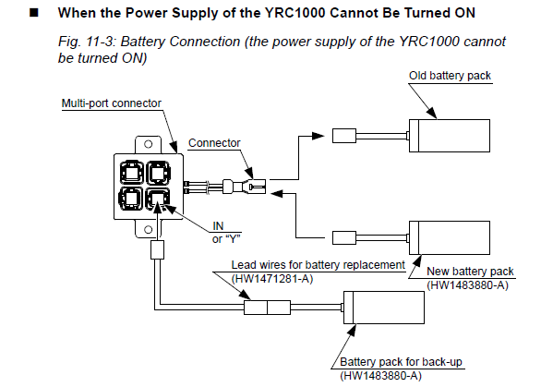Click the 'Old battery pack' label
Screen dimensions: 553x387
(450, 76)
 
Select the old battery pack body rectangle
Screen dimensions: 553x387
(450, 136)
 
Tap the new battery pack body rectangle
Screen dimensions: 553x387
(450, 237)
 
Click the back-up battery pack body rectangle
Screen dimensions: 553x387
(384, 308)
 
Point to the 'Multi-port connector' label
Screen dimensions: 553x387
(111, 103)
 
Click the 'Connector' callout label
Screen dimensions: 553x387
(214, 143)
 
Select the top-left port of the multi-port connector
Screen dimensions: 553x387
(131, 173)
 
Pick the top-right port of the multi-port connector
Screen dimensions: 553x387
(159, 173)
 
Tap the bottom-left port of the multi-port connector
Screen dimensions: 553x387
(131, 199)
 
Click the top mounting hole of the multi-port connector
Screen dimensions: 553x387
(149, 144)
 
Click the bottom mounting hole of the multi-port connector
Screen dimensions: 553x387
(149, 230)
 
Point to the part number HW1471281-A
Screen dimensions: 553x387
(272, 279)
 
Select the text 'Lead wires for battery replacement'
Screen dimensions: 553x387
(319, 265)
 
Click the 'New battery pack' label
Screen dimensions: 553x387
(470, 272)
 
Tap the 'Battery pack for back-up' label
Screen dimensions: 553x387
(401, 362)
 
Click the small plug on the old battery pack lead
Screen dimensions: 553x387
(344, 136)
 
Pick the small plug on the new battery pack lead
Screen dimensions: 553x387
(344, 237)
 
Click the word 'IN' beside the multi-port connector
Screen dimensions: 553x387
(218, 225)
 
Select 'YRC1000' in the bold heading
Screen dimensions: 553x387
(295, 13)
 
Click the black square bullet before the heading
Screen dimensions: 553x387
(34, 13)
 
